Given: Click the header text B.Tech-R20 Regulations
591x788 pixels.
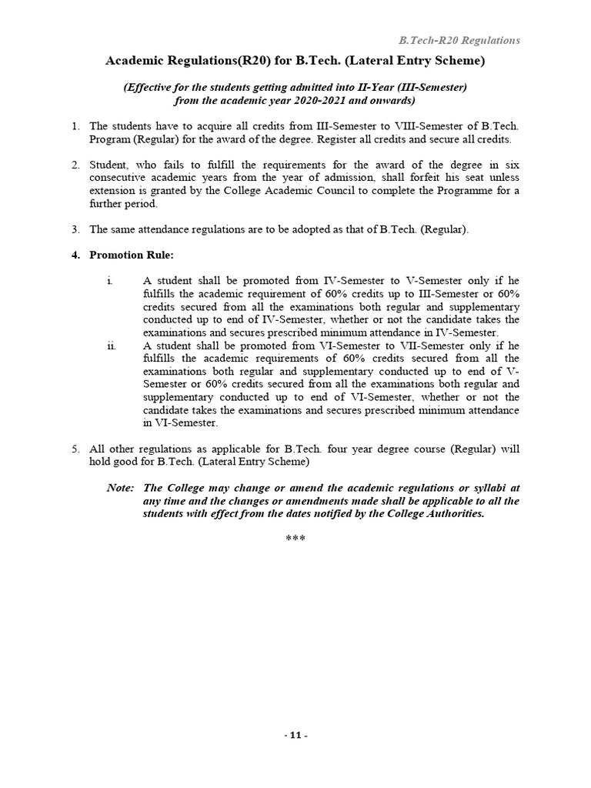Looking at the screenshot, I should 458,40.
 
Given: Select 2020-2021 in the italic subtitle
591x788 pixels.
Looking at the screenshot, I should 324,100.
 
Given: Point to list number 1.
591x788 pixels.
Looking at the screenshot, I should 75,125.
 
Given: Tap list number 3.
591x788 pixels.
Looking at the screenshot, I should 75,229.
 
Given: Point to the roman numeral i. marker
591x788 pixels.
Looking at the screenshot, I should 110,281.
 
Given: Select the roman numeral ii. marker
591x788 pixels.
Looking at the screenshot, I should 111,346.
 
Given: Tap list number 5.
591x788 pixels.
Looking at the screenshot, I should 75,449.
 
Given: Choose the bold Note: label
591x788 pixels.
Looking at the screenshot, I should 121,488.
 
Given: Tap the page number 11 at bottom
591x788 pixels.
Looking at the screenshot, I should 295,735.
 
